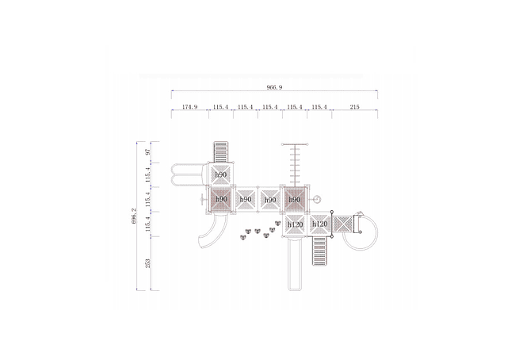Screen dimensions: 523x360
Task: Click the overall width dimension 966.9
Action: pos(274,87)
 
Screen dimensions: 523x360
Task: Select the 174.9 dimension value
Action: pos(189,107)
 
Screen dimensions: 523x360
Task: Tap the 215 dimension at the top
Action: pos(354,107)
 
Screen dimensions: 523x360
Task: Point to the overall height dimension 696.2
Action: pos(134,216)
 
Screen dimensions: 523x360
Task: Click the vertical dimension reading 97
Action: pos(148,152)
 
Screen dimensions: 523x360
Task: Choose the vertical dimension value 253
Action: pos(148,263)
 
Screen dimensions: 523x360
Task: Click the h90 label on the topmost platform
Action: pos(221,174)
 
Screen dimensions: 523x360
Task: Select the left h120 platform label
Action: pos(296,224)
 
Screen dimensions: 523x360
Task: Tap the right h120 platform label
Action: pos(320,224)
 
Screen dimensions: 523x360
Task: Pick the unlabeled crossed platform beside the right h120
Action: pos(343,224)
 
